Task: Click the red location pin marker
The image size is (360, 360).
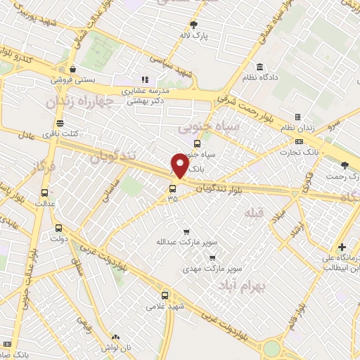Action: click(x=180, y=166)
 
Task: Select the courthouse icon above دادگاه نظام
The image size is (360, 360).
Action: click(x=260, y=67)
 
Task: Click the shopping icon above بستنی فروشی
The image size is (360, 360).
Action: click(x=72, y=70)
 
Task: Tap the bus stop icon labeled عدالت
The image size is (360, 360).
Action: click(x=45, y=193)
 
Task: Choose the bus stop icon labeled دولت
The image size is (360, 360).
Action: click(x=58, y=228)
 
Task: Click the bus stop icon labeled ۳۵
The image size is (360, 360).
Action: click(x=172, y=188)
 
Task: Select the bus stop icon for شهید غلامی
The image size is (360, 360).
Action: click(x=165, y=295)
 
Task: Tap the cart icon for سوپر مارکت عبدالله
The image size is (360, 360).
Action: click(x=186, y=231)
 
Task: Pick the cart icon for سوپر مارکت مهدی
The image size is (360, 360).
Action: click(x=212, y=258)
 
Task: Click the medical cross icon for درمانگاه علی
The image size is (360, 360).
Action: click(x=342, y=247)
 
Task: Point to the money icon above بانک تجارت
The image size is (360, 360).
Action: click(x=300, y=141)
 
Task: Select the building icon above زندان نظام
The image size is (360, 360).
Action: click(x=297, y=117)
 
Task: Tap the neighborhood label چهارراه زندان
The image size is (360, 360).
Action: click(x=79, y=102)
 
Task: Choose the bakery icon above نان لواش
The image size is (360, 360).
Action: click(x=115, y=337)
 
